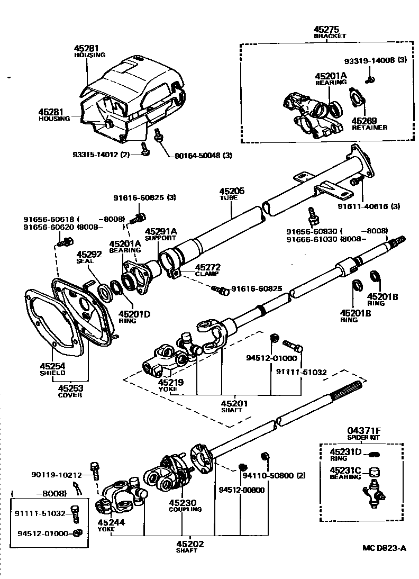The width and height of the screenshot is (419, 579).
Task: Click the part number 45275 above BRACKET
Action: tap(326, 29)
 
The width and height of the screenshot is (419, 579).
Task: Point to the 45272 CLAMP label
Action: tap(208, 270)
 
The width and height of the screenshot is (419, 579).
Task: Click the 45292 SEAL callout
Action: tap(85, 257)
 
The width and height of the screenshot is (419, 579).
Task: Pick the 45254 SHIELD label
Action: tap(52, 368)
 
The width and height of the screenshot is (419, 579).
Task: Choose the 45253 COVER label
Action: tap(70, 391)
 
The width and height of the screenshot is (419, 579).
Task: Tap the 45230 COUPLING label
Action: tap(185, 505)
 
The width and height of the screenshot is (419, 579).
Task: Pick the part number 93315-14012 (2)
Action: tap(105, 155)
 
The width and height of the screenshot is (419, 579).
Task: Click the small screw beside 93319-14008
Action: tap(371, 79)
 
